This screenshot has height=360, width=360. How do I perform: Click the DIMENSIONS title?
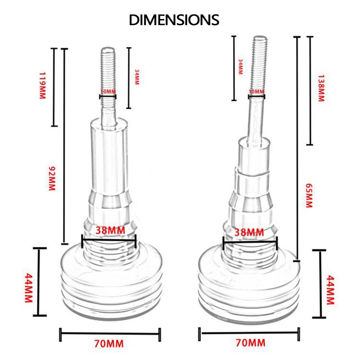174,20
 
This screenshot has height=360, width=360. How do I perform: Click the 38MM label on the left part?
108,230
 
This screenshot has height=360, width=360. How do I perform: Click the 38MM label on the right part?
250,233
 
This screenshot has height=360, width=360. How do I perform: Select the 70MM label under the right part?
251,344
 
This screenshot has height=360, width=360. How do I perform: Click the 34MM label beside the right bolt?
241,66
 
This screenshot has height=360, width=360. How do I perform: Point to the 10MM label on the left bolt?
108,92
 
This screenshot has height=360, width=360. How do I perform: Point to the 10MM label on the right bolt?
256,92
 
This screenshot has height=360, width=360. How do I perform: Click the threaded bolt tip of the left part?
108,67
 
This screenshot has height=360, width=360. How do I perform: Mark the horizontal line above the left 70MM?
110,333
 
